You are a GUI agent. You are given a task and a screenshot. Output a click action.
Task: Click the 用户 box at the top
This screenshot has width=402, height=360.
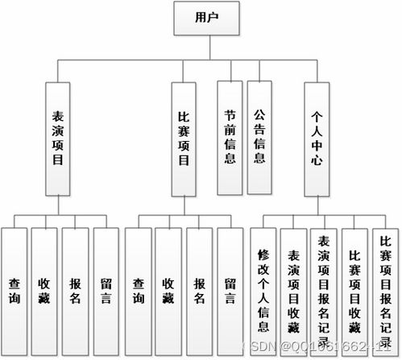click(x=208, y=17)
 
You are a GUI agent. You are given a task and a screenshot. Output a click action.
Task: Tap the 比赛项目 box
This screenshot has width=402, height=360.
click(x=184, y=138)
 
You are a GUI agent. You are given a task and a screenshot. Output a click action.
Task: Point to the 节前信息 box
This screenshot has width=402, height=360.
click(x=230, y=138)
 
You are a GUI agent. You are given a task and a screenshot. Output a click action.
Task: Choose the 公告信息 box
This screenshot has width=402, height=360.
click(x=259, y=138)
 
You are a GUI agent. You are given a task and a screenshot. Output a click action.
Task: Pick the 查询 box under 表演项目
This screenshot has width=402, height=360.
click(x=15, y=290)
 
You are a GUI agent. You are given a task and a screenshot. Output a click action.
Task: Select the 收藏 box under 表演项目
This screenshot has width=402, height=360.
click(x=45, y=290)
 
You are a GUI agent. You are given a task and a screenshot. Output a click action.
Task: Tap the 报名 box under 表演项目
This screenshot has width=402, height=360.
click(x=76, y=290)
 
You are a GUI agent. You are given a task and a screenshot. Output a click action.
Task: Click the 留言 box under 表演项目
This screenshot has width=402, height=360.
click(x=106, y=290)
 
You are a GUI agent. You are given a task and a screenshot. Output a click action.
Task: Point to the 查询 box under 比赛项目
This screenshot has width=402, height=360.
click(x=139, y=290)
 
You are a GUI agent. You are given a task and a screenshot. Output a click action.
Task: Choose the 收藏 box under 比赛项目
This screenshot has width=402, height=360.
click(x=168, y=290)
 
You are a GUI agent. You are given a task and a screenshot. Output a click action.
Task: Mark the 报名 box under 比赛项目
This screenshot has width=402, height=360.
click(x=199, y=290)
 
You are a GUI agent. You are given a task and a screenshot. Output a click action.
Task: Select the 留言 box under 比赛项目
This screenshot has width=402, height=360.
click(x=230, y=290)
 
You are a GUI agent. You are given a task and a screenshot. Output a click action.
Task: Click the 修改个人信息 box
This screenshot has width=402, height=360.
click(x=263, y=290)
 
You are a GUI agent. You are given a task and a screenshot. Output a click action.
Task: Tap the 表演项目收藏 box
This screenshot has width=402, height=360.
click(x=293, y=290)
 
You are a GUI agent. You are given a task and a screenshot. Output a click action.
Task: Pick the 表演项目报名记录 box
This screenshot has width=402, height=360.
click(x=324, y=290)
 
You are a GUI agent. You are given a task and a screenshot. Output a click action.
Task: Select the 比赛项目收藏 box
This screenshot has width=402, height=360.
click(x=354, y=290)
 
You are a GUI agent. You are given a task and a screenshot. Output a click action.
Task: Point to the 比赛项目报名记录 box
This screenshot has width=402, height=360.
click(x=384, y=290)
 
